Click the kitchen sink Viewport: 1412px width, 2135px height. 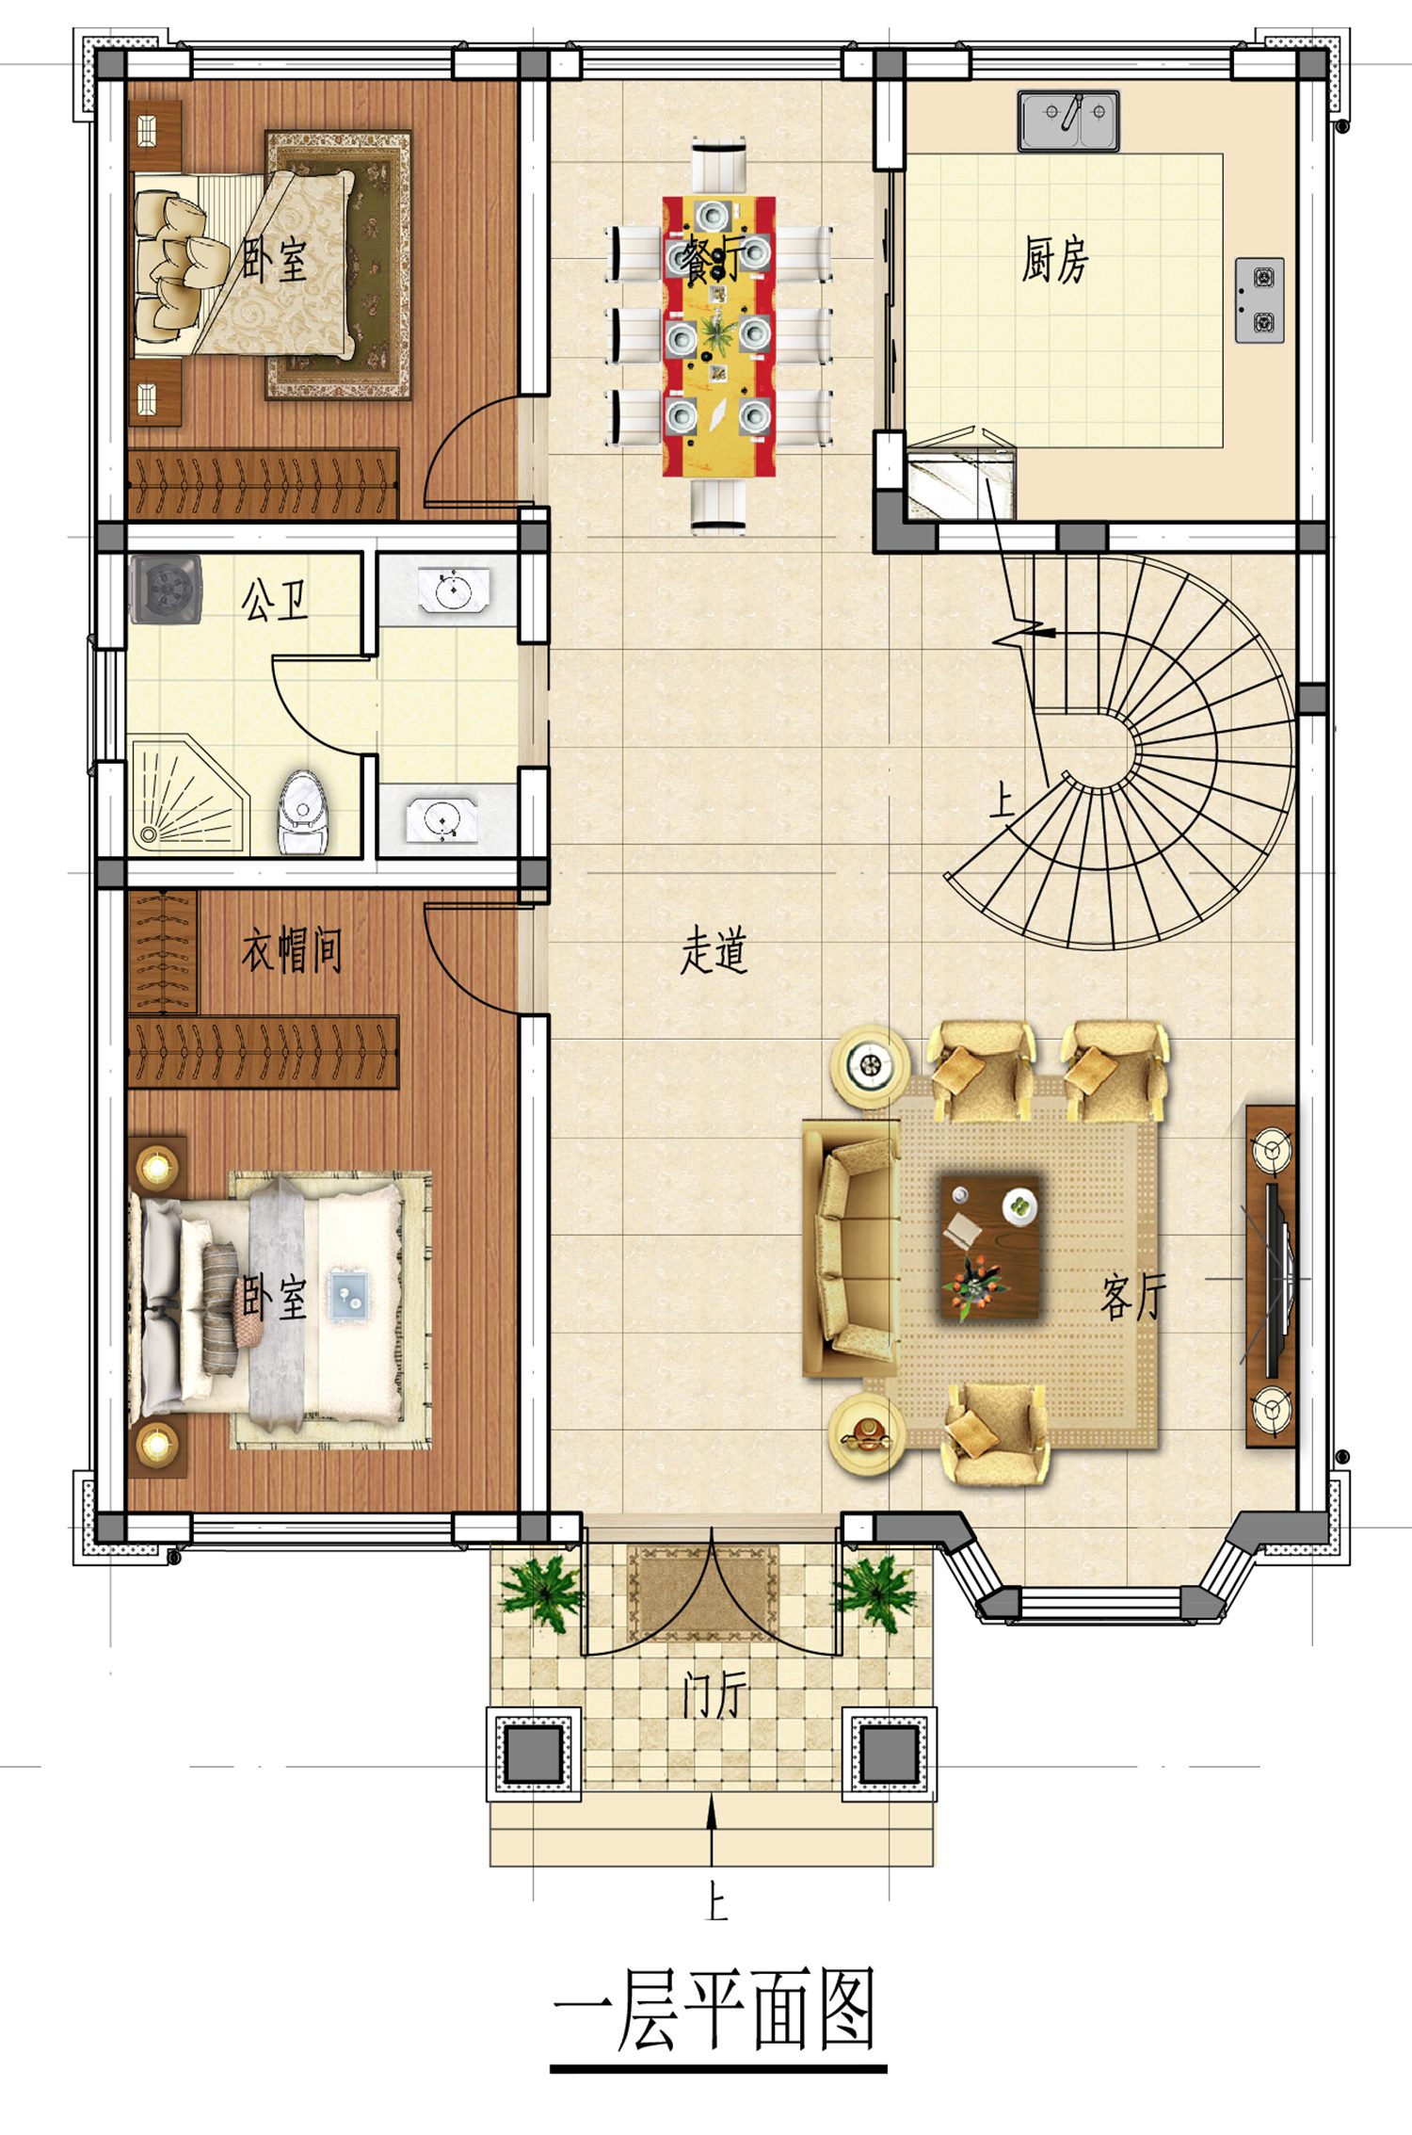(1067, 121)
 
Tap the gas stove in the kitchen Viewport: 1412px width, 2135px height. (1260, 299)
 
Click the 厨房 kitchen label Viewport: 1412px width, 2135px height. (1055, 259)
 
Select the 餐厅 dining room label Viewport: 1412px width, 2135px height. (713, 259)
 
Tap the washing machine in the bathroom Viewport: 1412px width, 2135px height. (166, 590)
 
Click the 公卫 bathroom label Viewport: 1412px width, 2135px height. (274, 600)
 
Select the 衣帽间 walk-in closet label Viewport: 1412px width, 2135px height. (292, 949)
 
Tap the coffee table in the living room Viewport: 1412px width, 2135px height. (990, 1247)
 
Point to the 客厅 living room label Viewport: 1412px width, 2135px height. (1133, 1297)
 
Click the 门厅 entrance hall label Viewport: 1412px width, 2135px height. (714, 1695)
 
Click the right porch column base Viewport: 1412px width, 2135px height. (889, 1754)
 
